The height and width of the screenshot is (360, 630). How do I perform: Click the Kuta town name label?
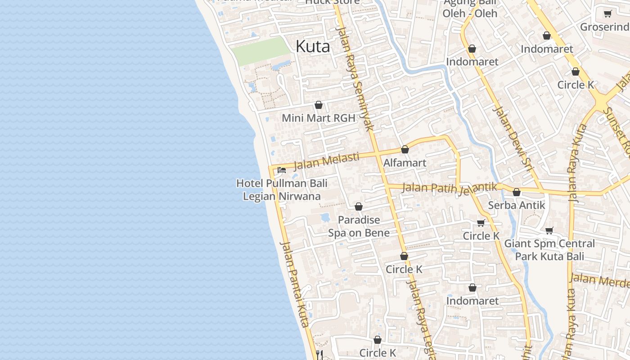click(313, 46)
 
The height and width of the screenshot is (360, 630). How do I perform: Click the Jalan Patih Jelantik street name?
click(450, 188)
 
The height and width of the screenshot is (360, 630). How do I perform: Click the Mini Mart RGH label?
click(319, 118)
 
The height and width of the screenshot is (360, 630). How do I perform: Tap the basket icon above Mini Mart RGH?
click(319, 105)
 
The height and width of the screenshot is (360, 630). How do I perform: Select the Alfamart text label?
click(405, 162)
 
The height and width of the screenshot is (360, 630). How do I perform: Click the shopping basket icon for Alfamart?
click(405, 149)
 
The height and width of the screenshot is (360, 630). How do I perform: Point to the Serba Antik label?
click(517, 205)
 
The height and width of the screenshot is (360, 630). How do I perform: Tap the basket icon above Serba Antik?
click(517, 192)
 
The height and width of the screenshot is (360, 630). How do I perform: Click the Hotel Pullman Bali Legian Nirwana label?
click(282, 190)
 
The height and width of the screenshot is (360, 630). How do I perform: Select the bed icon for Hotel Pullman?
click(282, 170)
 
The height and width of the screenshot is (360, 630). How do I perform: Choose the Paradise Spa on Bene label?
click(359, 226)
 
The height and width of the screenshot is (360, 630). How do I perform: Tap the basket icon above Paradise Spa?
click(359, 207)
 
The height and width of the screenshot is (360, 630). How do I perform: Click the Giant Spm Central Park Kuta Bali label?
click(549, 250)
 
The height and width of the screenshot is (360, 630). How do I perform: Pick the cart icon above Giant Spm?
click(549, 230)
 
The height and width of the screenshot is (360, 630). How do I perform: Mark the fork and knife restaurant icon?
click(319, 354)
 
